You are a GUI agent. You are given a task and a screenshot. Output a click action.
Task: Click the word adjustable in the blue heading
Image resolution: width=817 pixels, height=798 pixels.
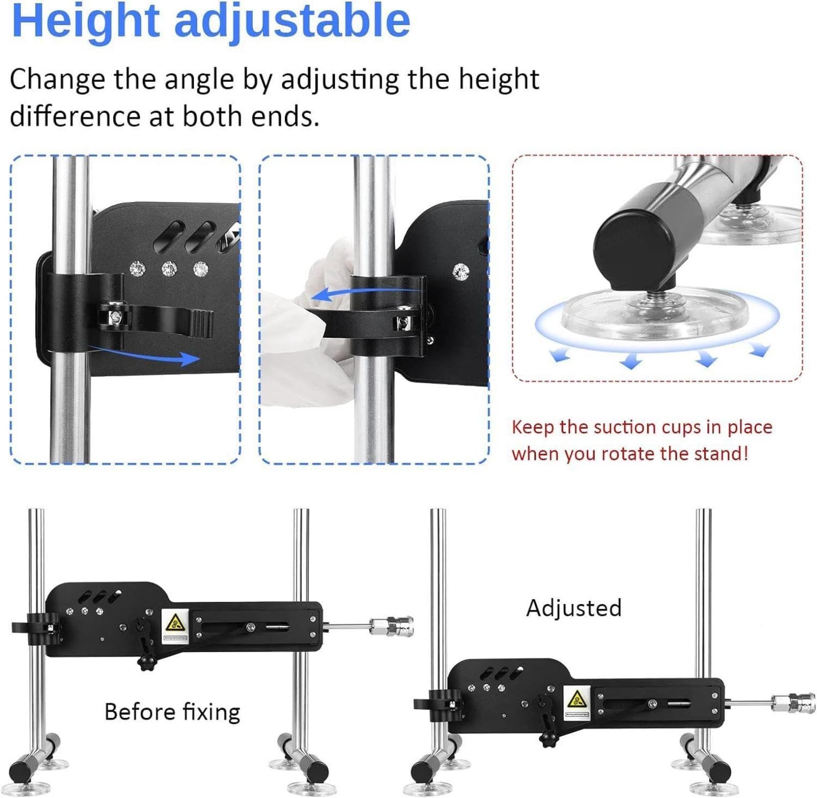293,21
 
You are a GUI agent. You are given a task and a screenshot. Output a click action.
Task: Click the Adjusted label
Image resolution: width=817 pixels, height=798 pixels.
574,609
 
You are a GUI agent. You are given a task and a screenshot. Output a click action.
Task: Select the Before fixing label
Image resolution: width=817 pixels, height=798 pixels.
172,712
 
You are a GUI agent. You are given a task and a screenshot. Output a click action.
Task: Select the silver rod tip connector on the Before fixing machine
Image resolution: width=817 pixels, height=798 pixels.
392,625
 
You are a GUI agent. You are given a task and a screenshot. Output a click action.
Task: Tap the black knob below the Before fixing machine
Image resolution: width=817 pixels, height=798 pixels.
146,662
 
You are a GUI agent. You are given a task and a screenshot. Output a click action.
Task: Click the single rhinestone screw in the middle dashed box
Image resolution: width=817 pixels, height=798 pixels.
461,272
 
